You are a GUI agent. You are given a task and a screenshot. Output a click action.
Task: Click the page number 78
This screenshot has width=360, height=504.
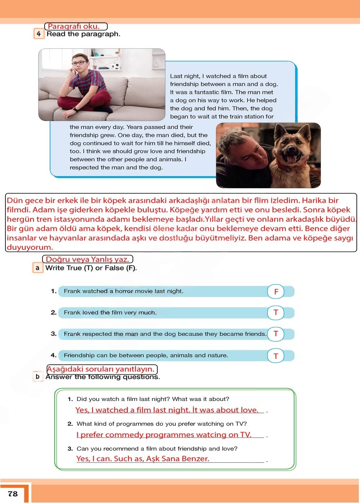pos(13,494)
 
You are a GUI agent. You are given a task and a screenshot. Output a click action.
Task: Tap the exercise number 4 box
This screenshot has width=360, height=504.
pos(39,34)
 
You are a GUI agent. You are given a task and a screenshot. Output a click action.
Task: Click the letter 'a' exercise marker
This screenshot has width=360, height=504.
pos(37,268)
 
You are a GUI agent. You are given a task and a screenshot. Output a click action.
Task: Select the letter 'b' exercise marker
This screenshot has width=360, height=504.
pos(37,377)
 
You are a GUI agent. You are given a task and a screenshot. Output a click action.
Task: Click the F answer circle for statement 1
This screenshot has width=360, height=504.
pos(276,291)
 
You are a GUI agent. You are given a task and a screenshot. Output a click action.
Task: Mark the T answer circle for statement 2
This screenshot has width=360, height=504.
pos(276,312)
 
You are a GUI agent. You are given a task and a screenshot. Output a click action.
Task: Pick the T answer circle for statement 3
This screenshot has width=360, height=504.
pos(276,334)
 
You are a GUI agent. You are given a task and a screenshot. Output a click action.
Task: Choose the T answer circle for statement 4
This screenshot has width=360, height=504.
pos(276,356)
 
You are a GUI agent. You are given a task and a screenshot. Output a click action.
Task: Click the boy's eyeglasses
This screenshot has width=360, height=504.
pos(79,63)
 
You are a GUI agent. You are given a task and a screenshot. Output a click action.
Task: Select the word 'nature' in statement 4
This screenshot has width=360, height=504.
pos(217,355)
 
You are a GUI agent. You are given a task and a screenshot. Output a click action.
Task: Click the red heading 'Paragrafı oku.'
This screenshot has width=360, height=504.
pos(74,26)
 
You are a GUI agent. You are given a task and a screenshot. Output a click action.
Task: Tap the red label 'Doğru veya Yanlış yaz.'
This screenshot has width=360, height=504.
pos(87,259)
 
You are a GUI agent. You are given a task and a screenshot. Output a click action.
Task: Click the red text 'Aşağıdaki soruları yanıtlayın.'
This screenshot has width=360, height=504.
pos(101,369)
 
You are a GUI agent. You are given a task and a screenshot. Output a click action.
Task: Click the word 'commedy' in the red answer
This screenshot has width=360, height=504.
pos(124,435)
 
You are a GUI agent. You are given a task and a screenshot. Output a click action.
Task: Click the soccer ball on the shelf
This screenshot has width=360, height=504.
pos(115,66)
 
